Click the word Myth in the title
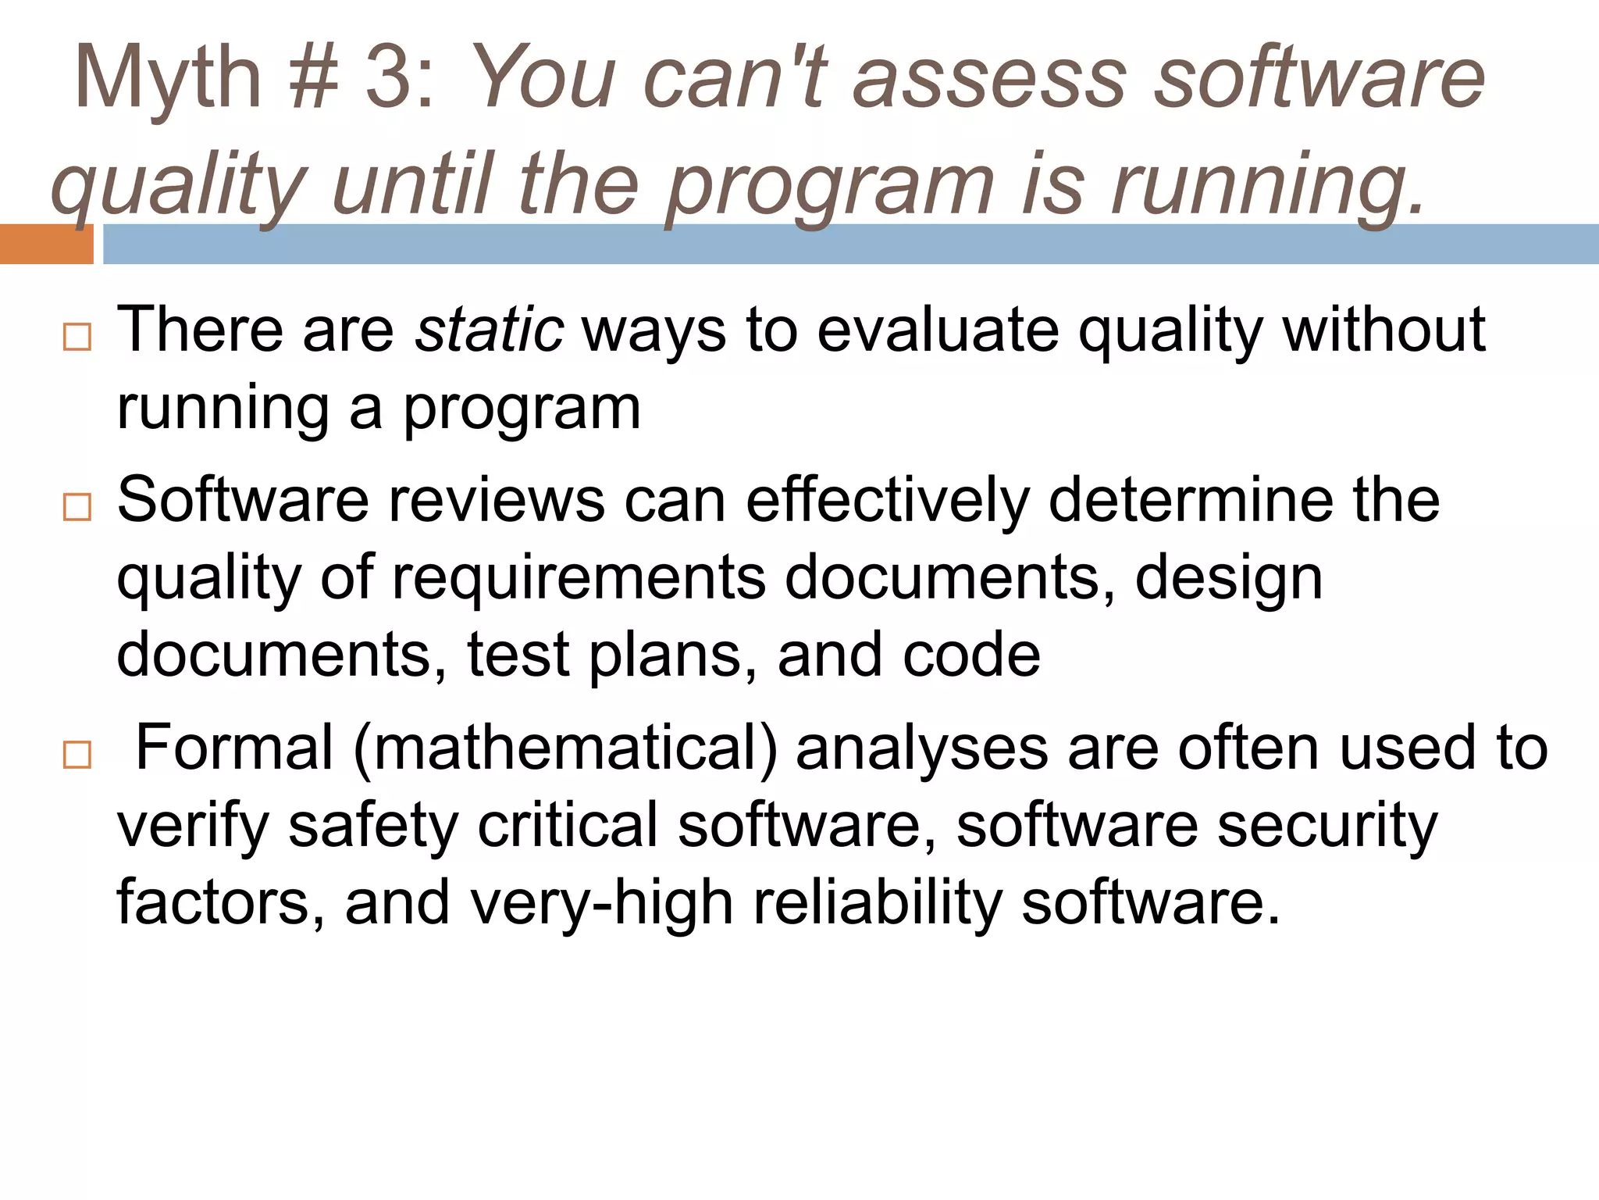[x=167, y=78]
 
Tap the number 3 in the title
[x=390, y=78]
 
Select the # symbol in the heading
[x=312, y=78]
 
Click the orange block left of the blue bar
[x=46, y=244]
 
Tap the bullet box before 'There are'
[x=77, y=337]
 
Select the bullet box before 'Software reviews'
[x=77, y=508]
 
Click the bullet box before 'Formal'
[x=77, y=755]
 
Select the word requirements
[x=579, y=578]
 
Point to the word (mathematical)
[x=565, y=748]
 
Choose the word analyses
[x=922, y=748]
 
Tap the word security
[x=1327, y=826]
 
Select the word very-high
[x=602, y=903]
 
